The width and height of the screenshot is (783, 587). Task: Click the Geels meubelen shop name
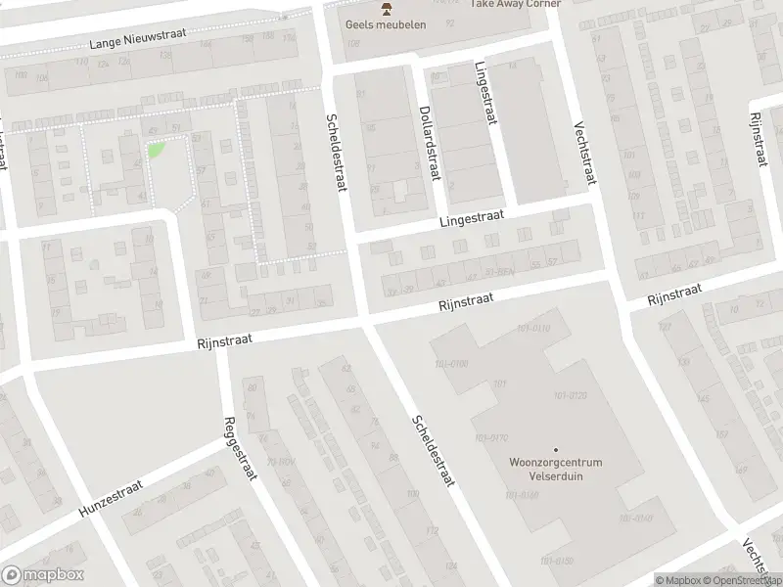(386, 24)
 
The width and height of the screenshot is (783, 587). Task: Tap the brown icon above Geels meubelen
(386, 9)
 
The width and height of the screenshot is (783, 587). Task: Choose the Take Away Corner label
(516, 4)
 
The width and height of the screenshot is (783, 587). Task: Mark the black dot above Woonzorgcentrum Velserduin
(556, 450)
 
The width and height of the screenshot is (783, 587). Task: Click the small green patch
(155, 151)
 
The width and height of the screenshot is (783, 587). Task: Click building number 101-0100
(451, 363)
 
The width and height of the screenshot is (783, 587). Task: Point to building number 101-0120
(570, 395)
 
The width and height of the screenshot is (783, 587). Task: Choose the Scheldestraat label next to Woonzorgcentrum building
(431, 449)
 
